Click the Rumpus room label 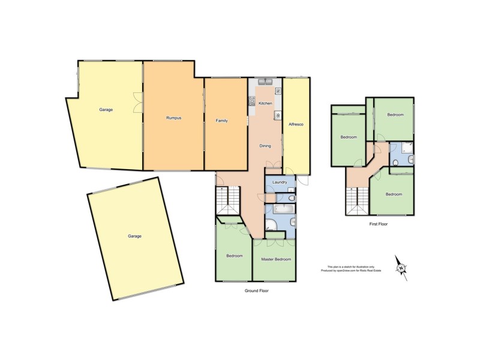(173, 118)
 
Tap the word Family (222, 121)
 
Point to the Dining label (265, 146)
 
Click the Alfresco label (296, 124)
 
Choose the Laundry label (279, 182)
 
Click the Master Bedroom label (276, 259)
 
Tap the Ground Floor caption (256, 290)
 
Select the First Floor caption (379, 224)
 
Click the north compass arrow (401, 268)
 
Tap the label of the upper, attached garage (106, 110)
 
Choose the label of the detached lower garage (134, 236)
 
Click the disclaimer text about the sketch (351, 268)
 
